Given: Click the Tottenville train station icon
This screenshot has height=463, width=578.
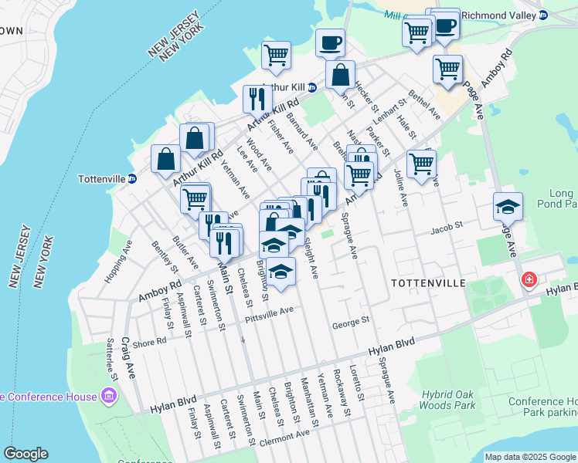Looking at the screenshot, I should coord(132,179).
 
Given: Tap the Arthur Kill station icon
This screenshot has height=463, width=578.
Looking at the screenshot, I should coord(311,87).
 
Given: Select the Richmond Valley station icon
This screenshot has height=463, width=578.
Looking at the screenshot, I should coord(542,15).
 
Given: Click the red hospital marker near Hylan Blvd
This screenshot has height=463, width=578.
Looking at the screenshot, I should coord(529,279).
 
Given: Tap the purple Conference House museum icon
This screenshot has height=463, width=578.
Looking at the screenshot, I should coord(108,397).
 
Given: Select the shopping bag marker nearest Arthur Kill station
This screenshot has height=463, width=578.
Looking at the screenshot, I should coord(340,76).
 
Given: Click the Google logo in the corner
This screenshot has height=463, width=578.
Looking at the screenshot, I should coord(25,454).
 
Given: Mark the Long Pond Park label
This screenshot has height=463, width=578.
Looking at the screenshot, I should coord(560,198).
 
